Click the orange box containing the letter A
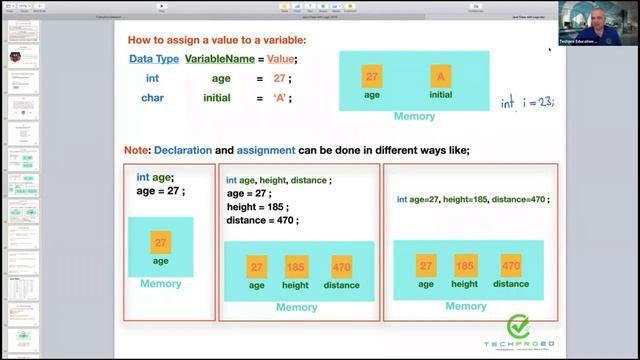440,76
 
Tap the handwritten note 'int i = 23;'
527,101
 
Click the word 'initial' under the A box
440,95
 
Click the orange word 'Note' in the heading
136,150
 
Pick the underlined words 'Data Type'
155,60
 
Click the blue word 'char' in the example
152,98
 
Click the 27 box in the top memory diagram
372,76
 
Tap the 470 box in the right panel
511,266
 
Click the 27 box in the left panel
160,242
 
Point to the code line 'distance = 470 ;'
262,221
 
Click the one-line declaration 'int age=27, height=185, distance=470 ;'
473,199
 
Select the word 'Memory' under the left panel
160,283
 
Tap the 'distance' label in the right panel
511,284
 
